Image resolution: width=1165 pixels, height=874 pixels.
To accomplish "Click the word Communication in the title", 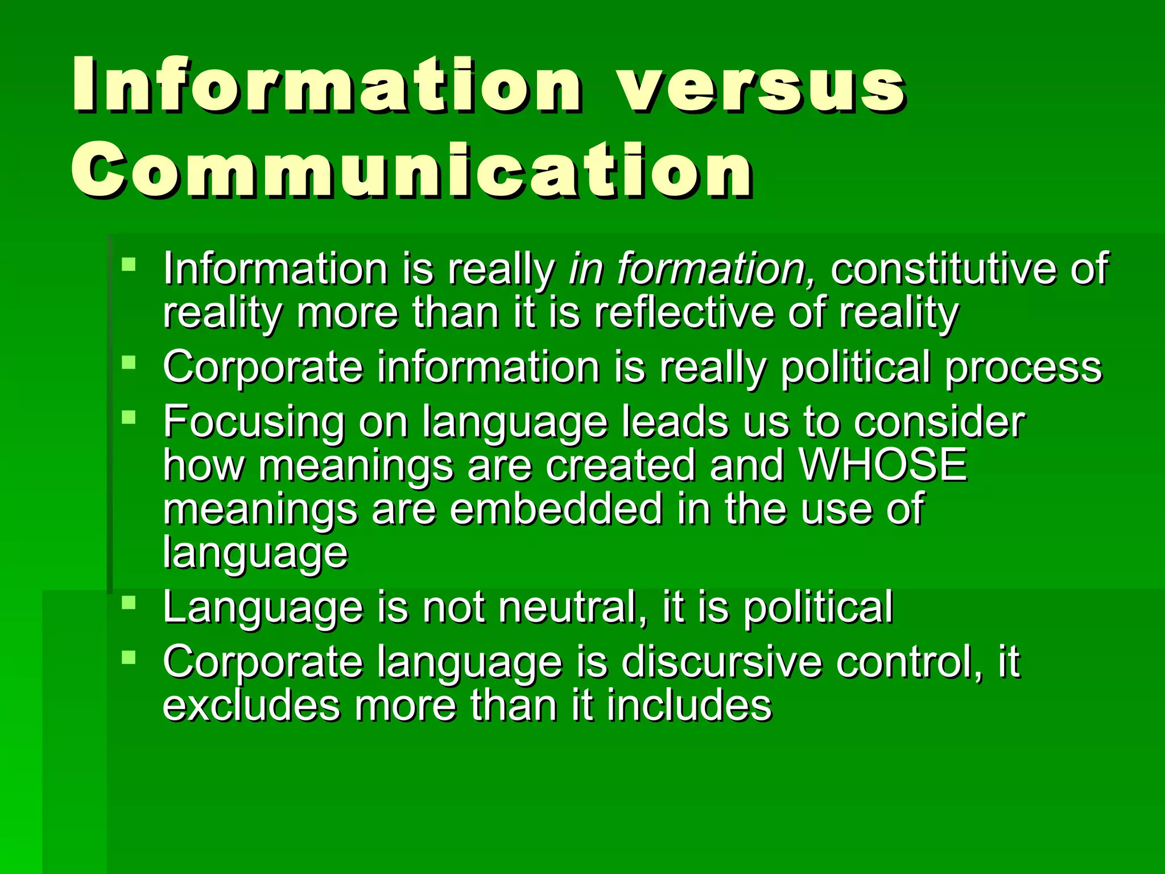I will click(412, 171).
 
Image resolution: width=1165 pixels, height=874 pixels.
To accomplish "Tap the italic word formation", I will click(717, 268).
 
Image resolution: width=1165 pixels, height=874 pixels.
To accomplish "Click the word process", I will click(1024, 367).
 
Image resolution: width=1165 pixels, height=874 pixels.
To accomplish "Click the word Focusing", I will click(254, 422).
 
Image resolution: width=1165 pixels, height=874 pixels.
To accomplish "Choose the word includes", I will click(688, 705).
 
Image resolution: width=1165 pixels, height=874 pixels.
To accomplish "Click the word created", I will click(621, 464).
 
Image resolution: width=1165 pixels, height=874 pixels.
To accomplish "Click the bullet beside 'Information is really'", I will click(129, 264).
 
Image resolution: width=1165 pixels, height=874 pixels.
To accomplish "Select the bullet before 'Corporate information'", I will click(129, 362).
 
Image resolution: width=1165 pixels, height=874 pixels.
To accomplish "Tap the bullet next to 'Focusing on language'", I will click(129, 417).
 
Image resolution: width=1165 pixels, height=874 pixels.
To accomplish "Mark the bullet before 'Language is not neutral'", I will click(129, 603).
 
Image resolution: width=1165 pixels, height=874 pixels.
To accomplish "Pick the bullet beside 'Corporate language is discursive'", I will click(129, 657).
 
